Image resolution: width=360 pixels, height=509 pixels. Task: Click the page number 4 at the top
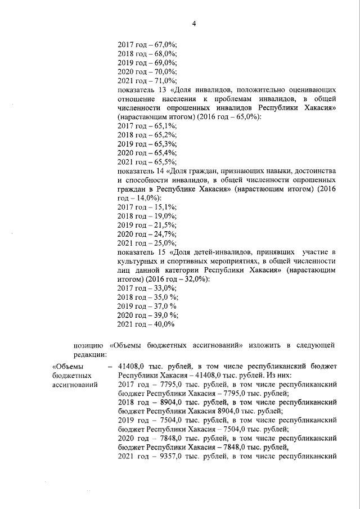193,23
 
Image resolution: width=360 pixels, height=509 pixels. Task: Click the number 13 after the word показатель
160,89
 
